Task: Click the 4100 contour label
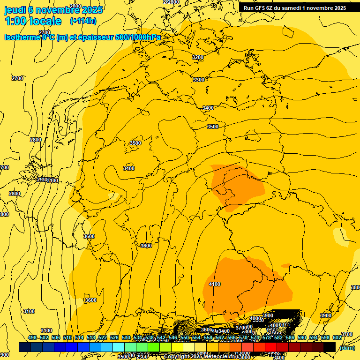pyautogui.click(x=215, y=285)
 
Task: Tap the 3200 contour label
pyautogui.click(x=198, y=57)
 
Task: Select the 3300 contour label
pyautogui.click(x=199, y=80)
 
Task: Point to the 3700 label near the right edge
pyautogui.click(x=346, y=334)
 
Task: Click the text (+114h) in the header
pyautogui.click(x=83, y=21)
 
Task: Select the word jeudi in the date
pyautogui.click(x=15, y=9)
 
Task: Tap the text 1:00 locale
pyautogui.click(x=33, y=21)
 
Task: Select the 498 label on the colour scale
pyautogui.click(x=32, y=338)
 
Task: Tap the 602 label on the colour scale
pyautogui.click(x=337, y=338)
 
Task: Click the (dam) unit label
pyautogui.click(x=347, y=347)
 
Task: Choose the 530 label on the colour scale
pyautogui.click(x=126, y=338)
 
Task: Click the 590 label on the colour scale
pyautogui.click(x=302, y=338)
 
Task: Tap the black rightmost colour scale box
pyautogui.click(x=330, y=347)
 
